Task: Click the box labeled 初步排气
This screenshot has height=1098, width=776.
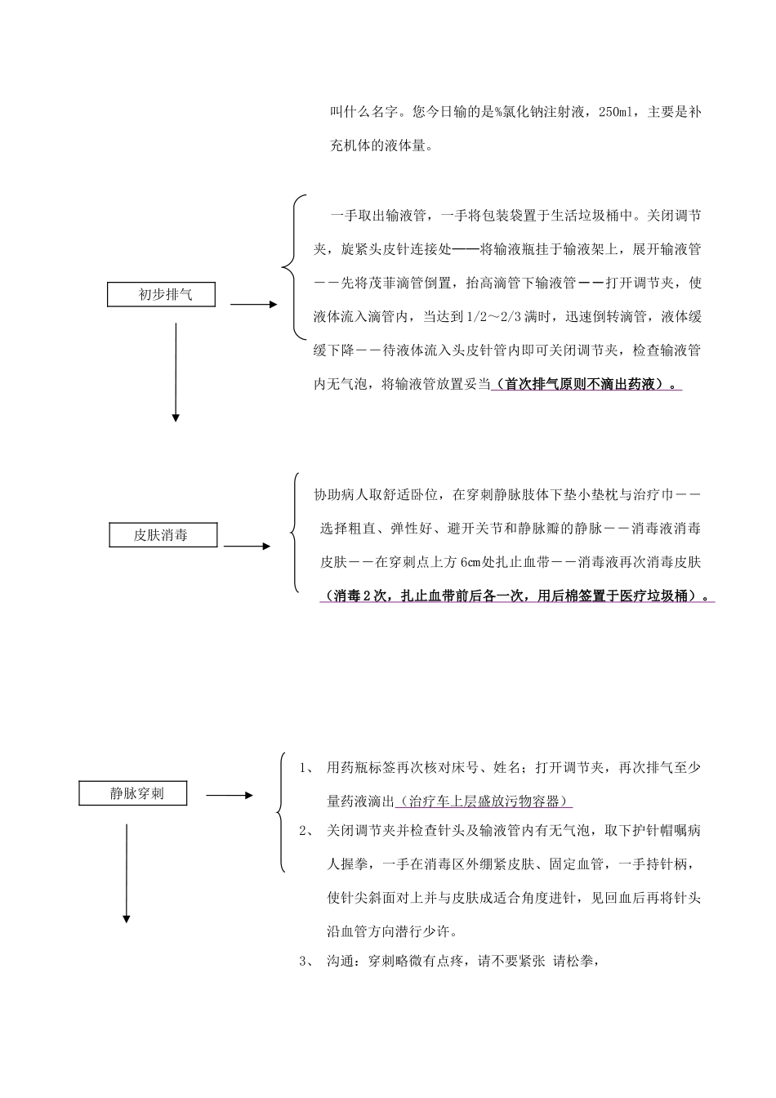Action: click(x=162, y=294)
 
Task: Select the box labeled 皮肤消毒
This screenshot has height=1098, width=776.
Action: click(x=163, y=535)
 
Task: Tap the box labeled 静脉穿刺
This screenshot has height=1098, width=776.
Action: click(x=132, y=792)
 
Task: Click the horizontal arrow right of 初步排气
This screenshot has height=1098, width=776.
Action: click(x=254, y=305)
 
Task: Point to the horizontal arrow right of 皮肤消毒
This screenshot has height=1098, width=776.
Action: click(x=248, y=546)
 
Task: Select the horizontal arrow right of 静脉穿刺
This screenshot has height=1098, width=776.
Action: click(x=230, y=795)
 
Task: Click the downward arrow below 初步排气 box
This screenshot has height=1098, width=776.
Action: click(x=176, y=372)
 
